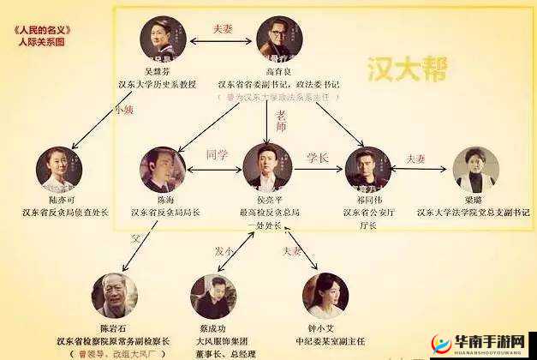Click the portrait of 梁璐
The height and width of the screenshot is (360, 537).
pos(475,171)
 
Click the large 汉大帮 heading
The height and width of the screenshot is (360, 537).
pos(406,69)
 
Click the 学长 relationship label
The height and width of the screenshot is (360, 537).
pos(318,158)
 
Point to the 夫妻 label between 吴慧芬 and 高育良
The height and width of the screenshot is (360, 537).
pos(223,28)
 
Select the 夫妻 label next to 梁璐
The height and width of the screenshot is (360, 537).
pos(416,159)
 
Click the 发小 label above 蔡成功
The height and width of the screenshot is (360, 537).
pos(225,250)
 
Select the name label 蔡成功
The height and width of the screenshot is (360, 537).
pos(212,327)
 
